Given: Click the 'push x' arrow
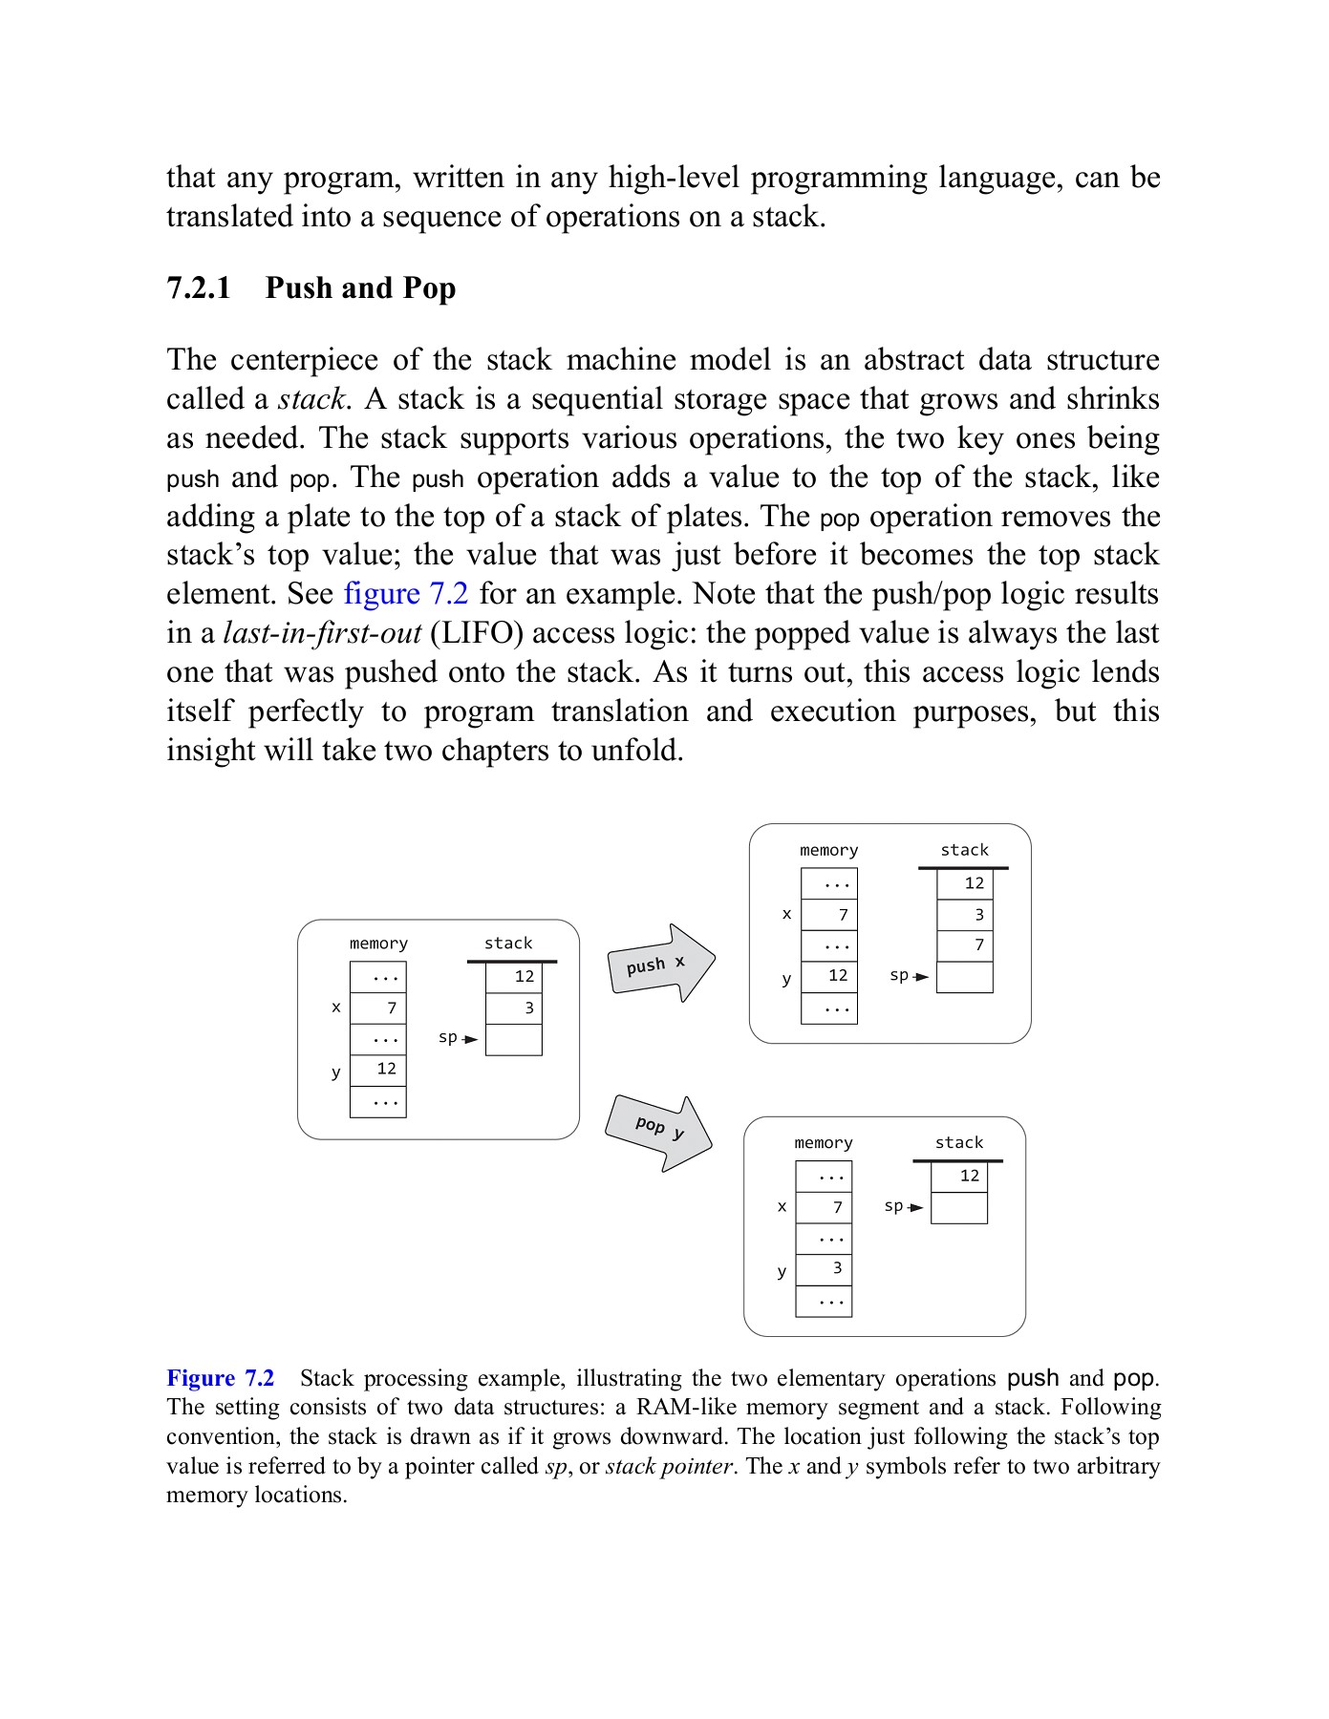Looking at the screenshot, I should point(660,964).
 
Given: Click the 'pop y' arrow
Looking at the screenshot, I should point(658,1132).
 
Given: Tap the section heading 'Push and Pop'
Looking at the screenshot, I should point(360,287).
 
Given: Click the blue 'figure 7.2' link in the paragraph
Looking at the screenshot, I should point(405,594).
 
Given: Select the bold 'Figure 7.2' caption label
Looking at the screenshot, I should point(220,1378).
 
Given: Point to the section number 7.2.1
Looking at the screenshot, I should point(199,287).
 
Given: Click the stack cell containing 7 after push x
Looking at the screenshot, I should point(965,945).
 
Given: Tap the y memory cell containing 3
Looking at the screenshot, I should point(824,1269).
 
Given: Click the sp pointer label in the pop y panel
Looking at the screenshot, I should point(893,1206).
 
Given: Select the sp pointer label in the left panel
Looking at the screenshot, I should point(447,1037).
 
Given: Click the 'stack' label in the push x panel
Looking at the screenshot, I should point(964,850).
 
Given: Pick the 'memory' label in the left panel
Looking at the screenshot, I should point(378,944).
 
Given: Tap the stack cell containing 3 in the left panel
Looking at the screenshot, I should point(514,1008).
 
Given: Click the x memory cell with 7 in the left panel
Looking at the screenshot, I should point(378,1008).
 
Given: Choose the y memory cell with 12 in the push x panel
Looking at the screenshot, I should point(829,976).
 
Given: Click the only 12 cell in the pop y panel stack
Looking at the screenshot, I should point(959,1177).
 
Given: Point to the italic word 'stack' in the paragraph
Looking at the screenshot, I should point(311,399).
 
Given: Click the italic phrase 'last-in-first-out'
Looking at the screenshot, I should point(322,633).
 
